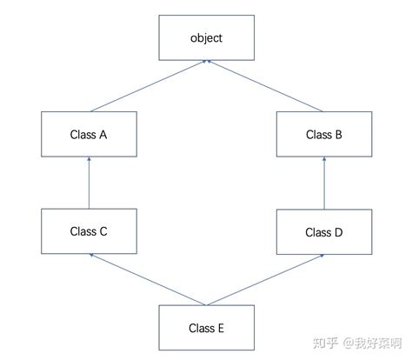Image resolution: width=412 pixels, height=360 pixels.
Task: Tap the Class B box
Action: [x=324, y=135]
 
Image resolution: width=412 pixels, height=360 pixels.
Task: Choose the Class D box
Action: [x=324, y=232]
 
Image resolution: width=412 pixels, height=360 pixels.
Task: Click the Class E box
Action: [x=207, y=328]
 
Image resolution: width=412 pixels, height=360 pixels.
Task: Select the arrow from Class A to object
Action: [x=148, y=87]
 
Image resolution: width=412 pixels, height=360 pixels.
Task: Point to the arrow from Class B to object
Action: [x=265, y=87]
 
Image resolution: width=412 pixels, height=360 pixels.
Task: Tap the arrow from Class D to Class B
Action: [x=324, y=183]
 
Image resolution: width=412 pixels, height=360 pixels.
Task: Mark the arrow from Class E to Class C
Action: [x=148, y=279]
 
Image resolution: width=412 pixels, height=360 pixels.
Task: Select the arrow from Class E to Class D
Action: [x=265, y=279]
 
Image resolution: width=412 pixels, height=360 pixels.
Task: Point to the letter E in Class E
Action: [x=222, y=328]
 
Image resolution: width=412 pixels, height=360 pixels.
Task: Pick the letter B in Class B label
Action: [x=339, y=135]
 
